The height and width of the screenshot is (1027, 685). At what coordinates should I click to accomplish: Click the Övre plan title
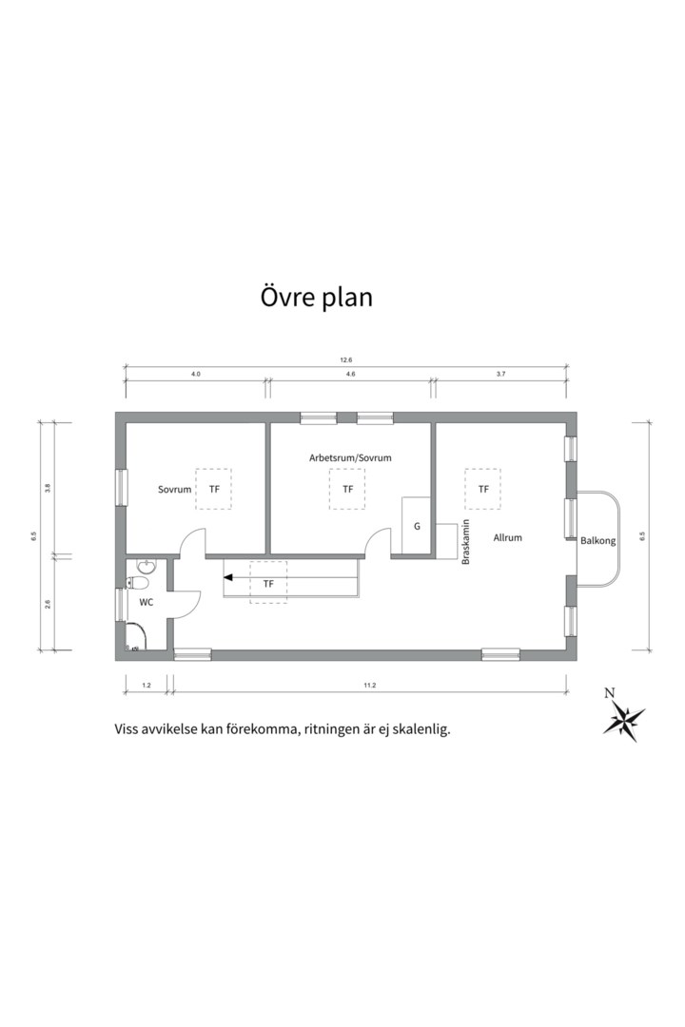tap(317, 297)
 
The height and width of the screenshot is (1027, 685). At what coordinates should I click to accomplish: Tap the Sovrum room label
tap(174, 490)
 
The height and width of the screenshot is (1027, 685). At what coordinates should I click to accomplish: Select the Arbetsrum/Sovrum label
tap(350, 457)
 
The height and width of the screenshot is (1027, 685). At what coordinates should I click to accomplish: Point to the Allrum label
tap(507, 537)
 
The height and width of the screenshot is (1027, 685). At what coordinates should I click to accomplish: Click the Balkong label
tap(597, 541)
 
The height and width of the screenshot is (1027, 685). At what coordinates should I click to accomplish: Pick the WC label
tap(147, 602)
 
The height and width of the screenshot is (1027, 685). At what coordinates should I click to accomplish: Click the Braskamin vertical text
tap(466, 542)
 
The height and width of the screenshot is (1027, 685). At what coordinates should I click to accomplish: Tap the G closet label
tap(417, 527)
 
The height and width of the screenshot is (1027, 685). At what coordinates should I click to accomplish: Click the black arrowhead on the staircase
tap(228, 578)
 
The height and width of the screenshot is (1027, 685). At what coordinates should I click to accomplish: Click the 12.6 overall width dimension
tap(346, 360)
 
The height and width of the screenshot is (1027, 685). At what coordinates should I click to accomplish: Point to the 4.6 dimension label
tap(350, 374)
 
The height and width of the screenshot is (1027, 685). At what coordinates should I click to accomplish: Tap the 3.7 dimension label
tap(500, 374)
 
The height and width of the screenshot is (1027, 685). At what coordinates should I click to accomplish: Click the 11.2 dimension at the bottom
tap(370, 685)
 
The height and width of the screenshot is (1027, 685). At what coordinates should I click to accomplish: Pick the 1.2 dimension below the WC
tap(147, 685)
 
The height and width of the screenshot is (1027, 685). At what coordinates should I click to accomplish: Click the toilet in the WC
tap(138, 584)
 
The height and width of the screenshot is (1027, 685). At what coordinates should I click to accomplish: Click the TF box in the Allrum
tap(483, 489)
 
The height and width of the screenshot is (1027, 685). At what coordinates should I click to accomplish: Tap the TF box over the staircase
tap(268, 582)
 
